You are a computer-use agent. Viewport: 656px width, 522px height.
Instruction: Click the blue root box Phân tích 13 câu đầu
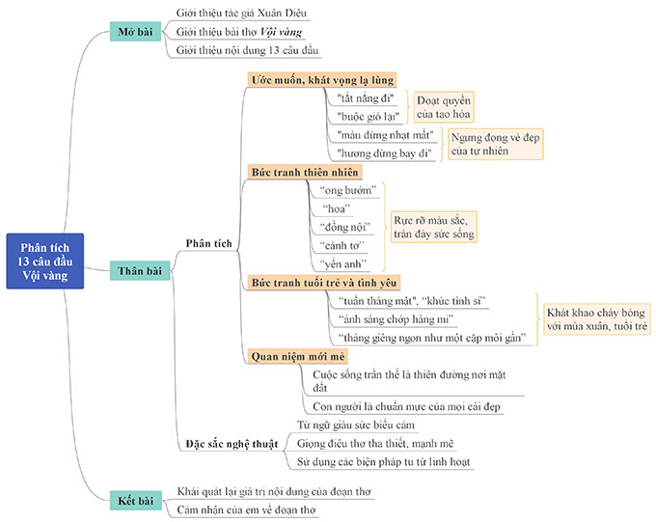click(44, 261)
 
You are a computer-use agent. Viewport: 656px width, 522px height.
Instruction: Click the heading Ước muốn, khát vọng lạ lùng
click(321, 80)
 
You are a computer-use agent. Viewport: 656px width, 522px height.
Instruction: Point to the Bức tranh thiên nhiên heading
click(305, 172)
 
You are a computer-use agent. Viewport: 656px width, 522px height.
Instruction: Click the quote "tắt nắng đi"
click(361, 98)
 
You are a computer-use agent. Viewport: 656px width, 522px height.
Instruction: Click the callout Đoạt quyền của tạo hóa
click(444, 106)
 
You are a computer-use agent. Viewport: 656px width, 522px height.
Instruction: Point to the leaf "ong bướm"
click(347, 190)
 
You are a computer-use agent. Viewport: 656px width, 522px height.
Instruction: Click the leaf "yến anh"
click(344, 262)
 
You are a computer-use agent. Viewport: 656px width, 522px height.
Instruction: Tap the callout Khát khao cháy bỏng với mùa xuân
click(596, 319)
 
